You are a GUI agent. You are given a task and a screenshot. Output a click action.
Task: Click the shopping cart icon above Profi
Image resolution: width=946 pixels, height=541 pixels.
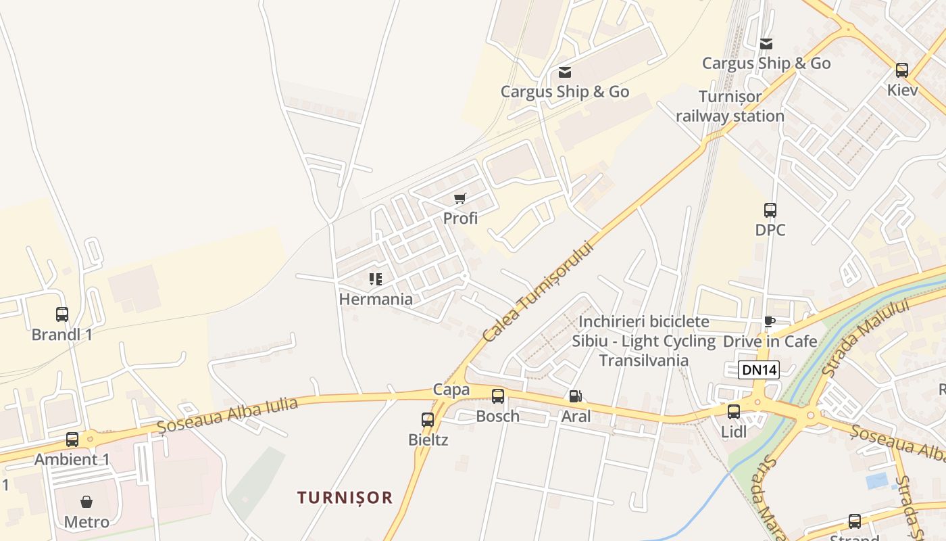[x=460, y=198]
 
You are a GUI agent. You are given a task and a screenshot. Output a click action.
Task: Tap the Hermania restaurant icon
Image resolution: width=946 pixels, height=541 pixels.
[x=376, y=279]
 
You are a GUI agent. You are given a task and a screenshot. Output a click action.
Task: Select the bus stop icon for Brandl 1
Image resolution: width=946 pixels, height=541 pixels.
[x=62, y=314]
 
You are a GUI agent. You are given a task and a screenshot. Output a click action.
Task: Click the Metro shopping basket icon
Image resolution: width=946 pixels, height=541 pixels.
[x=86, y=502]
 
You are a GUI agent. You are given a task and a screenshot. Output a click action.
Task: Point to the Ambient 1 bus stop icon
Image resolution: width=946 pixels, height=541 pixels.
[x=72, y=440]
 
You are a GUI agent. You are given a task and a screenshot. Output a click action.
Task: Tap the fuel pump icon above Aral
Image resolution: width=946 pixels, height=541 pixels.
[x=575, y=396]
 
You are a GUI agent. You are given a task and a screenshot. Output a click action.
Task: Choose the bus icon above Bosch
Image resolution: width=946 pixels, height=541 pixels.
[x=498, y=396]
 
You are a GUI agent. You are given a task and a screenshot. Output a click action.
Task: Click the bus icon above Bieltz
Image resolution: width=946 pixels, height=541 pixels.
[x=428, y=420]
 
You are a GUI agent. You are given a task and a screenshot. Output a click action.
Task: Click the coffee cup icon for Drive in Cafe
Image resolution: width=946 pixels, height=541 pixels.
[x=770, y=321]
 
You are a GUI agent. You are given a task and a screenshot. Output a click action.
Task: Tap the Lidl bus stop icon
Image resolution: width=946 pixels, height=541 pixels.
[x=734, y=411]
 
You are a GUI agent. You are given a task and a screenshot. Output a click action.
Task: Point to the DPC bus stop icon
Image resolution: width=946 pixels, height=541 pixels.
[x=770, y=210]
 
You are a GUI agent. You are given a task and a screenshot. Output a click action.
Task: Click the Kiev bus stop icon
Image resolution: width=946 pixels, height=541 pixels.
[x=902, y=70]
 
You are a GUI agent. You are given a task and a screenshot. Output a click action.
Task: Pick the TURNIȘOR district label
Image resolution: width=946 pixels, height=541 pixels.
[x=345, y=498]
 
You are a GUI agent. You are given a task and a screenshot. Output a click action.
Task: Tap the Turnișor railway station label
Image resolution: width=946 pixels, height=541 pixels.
[x=730, y=106]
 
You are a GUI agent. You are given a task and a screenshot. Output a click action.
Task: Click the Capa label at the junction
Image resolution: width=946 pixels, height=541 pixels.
[x=451, y=390]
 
